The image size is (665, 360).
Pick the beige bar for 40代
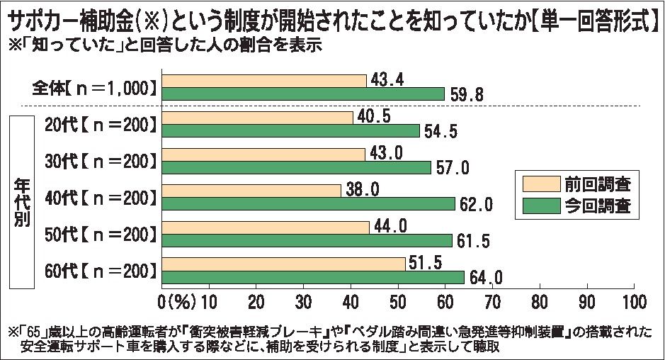pos(251,190)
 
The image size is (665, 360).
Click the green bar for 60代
pos(313,277)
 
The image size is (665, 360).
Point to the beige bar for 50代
pos(266,227)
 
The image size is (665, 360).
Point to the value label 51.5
pos(426,263)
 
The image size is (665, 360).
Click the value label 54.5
pos(442,131)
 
